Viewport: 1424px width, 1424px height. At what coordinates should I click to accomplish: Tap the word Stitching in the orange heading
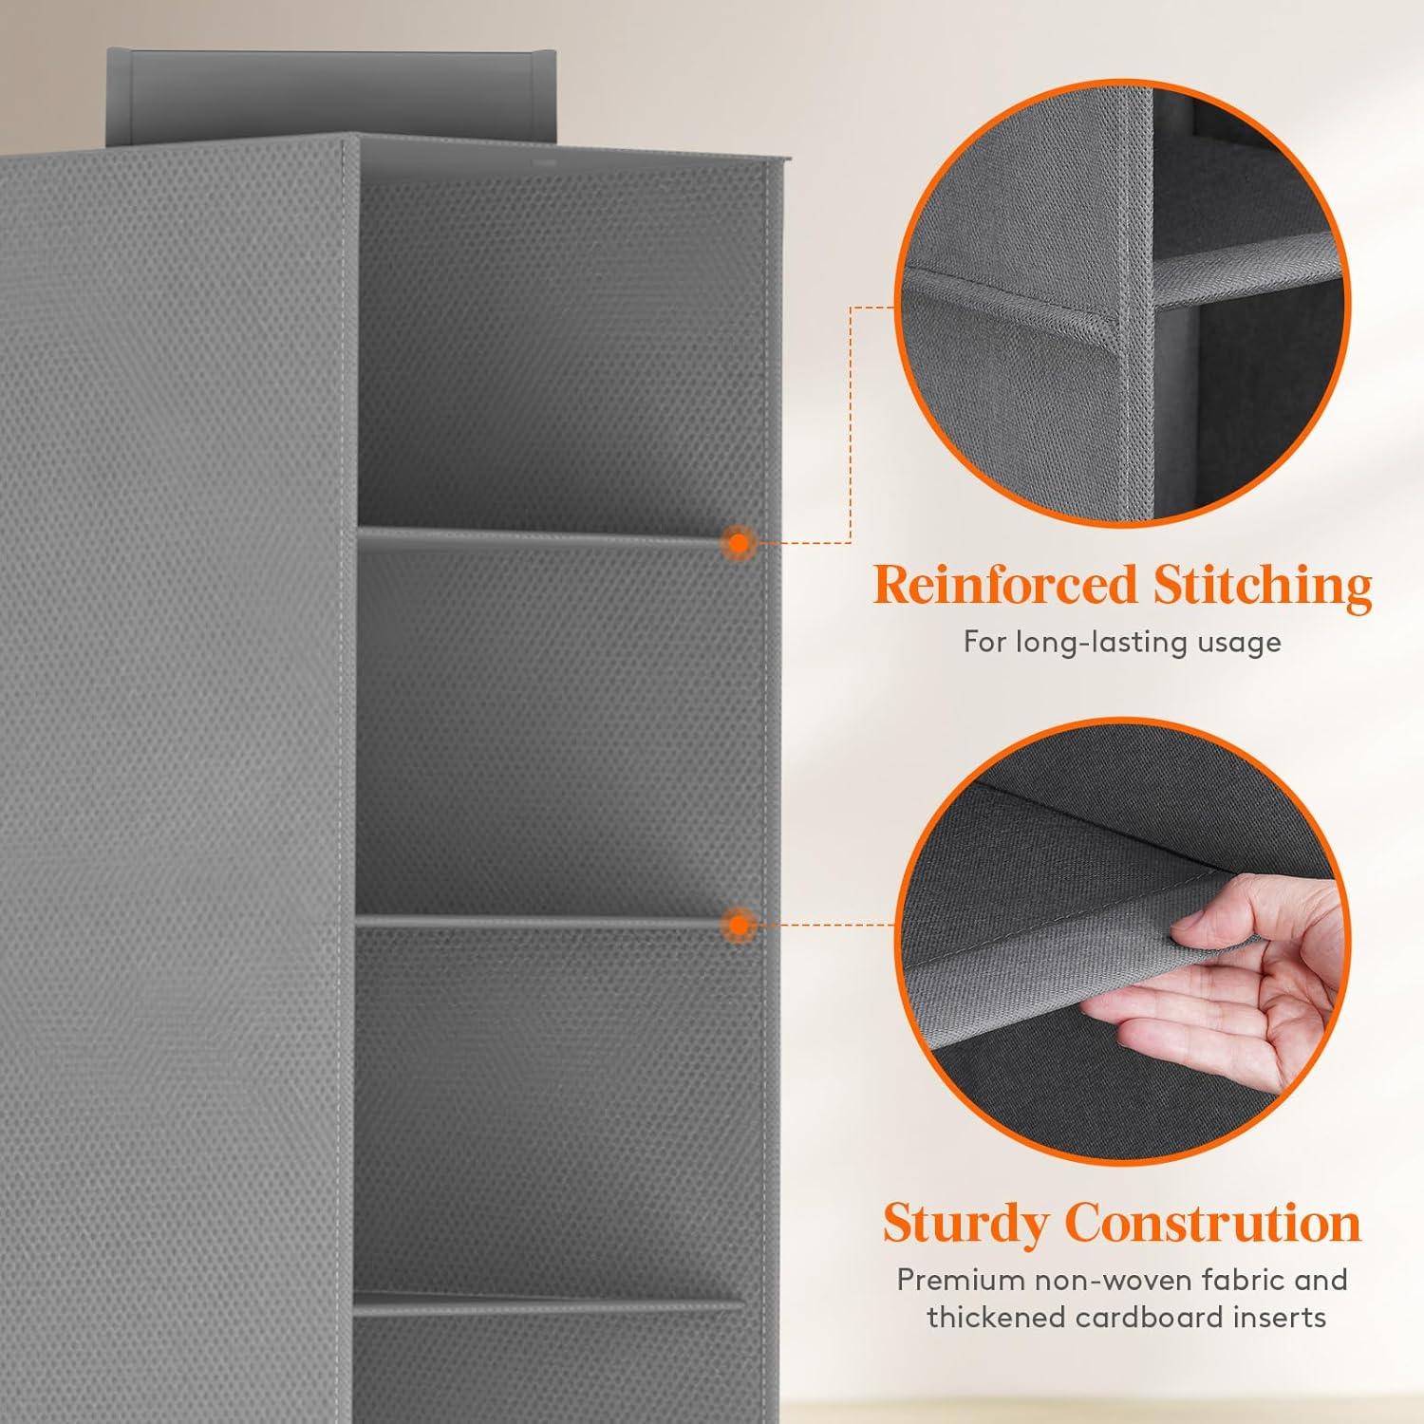(x=1263, y=587)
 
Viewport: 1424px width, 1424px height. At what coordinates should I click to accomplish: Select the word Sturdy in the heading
(x=965, y=1225)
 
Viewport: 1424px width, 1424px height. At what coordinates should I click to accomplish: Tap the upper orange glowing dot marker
(x=738, y=543)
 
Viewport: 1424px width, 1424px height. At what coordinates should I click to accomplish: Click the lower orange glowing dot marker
(x=738, y=924)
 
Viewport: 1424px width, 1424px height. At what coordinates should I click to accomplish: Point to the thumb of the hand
(x=1218, y=916)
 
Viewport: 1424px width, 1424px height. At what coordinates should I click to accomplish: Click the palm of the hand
(x=1234, y=1006)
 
